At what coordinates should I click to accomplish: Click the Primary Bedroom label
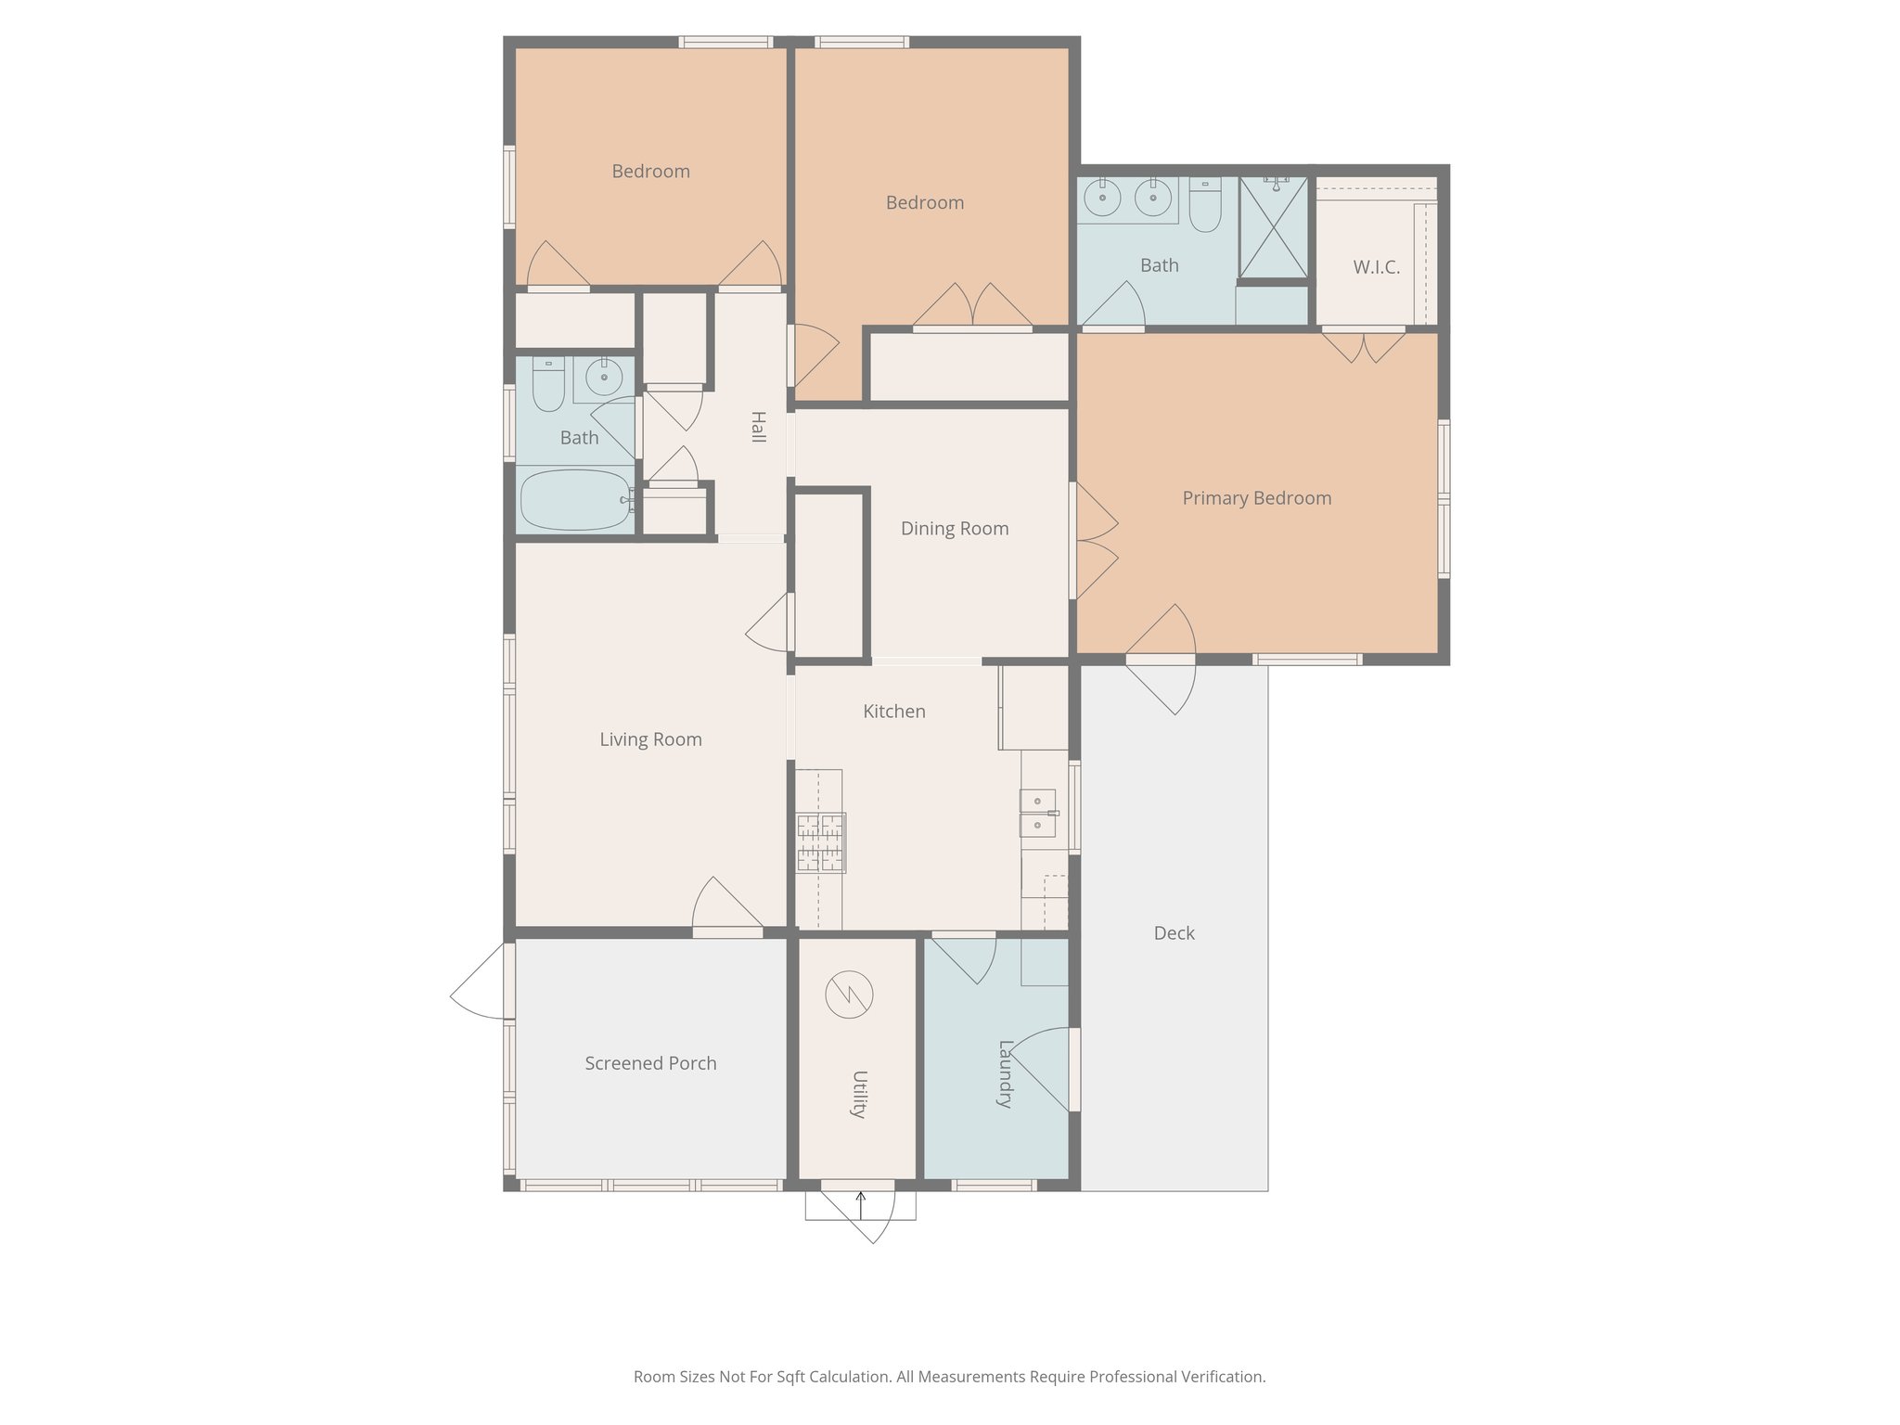1256,498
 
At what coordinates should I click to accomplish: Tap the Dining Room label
955,529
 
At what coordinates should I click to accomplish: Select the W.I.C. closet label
1376,267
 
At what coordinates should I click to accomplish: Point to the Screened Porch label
650,1063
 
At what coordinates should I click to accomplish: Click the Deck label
1174,933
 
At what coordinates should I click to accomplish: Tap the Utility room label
859,1095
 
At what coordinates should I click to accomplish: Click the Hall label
758,427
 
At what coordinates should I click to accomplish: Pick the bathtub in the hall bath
574,499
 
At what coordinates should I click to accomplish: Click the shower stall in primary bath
1274,228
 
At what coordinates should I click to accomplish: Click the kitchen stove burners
820,842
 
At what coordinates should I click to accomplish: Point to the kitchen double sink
1038,813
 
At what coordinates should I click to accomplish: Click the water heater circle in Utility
849,995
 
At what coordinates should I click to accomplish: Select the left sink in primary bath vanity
1102,198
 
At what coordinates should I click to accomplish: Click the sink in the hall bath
604,378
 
